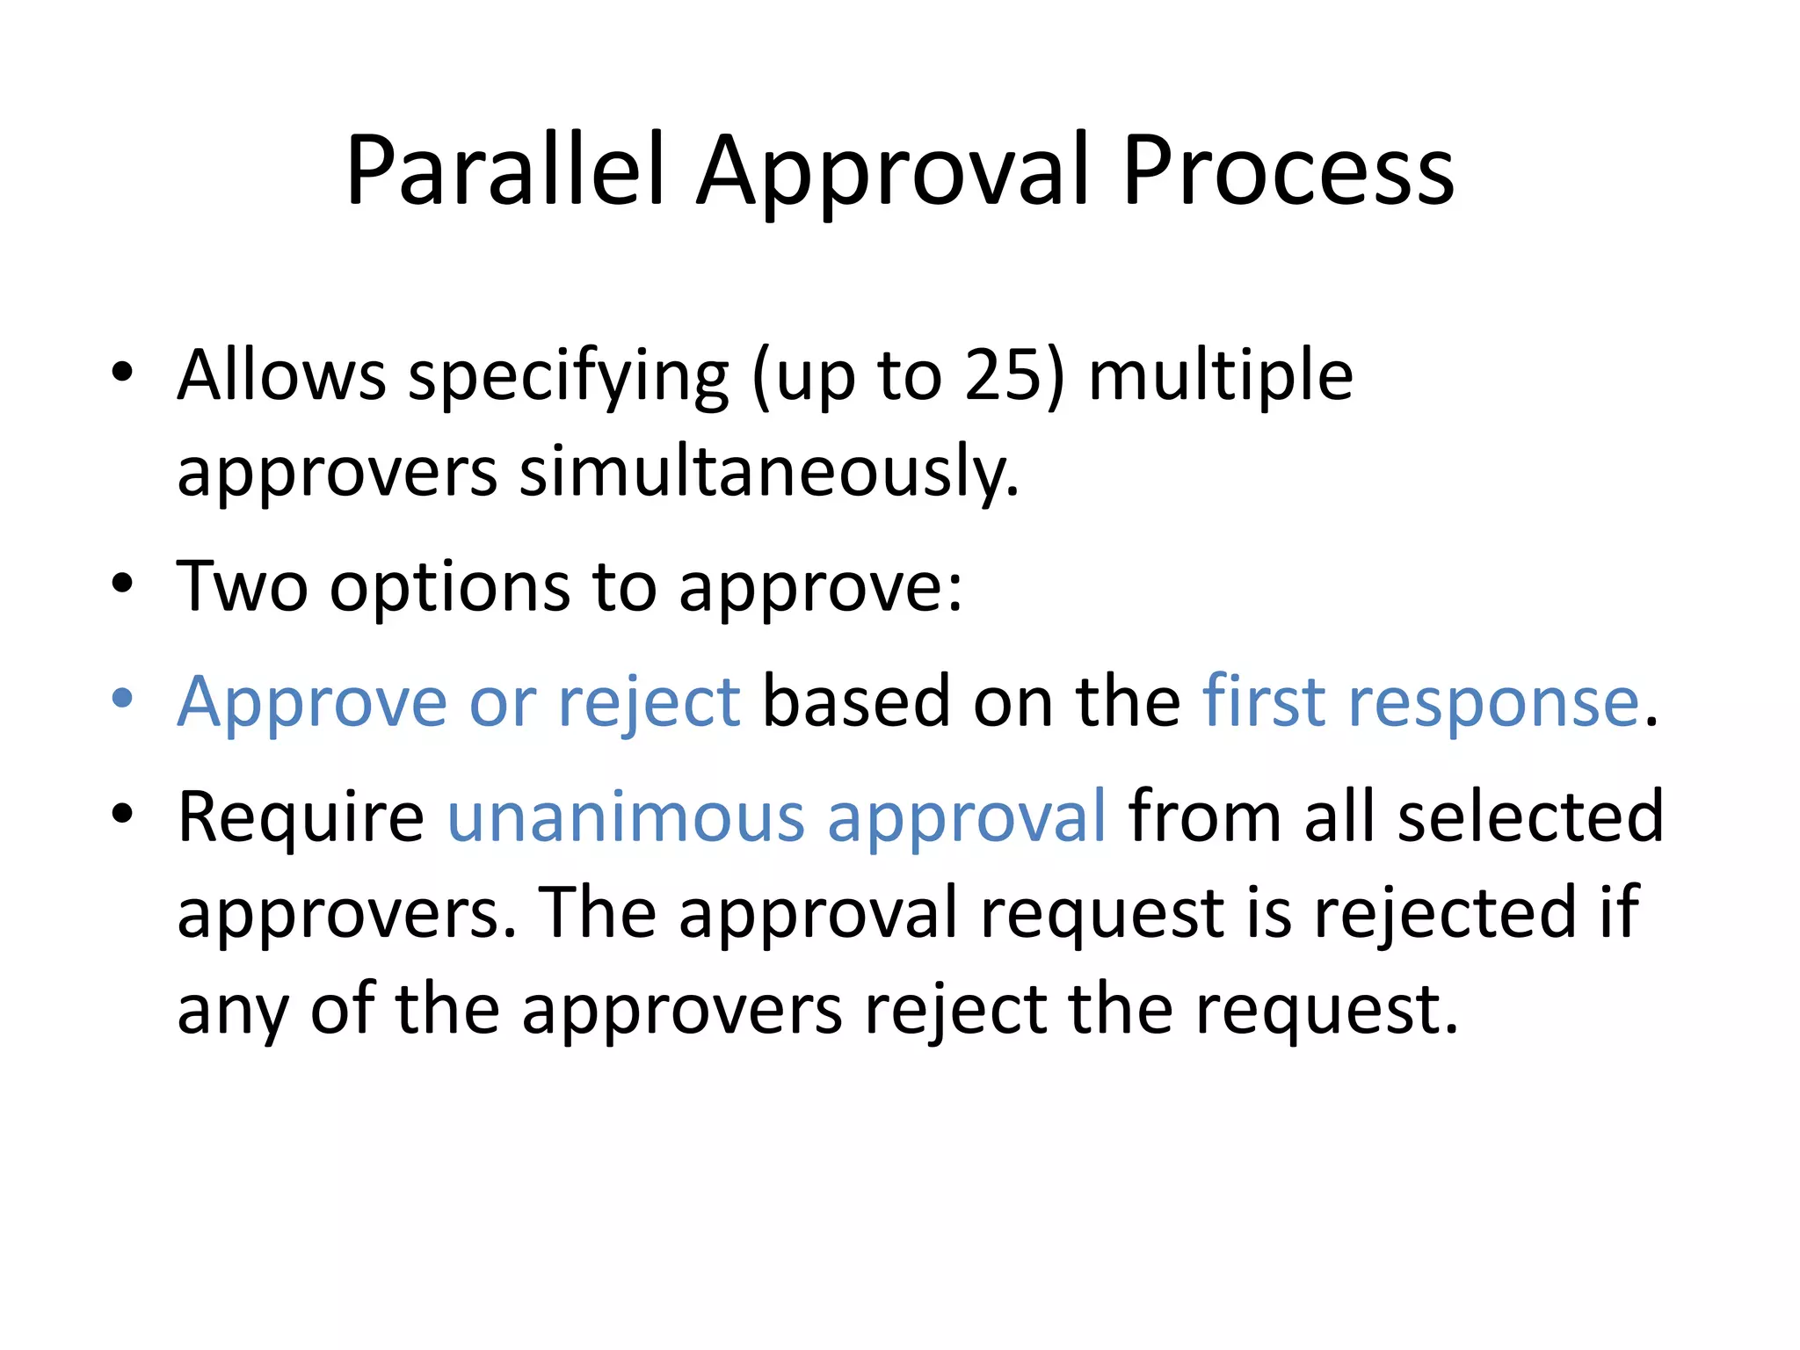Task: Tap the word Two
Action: point(242,586)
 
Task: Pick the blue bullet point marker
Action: point(122,699)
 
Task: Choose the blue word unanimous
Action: point(626,817)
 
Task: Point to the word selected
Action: point(1530,817)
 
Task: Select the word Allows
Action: point(281,375)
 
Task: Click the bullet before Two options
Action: point(122,584)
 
